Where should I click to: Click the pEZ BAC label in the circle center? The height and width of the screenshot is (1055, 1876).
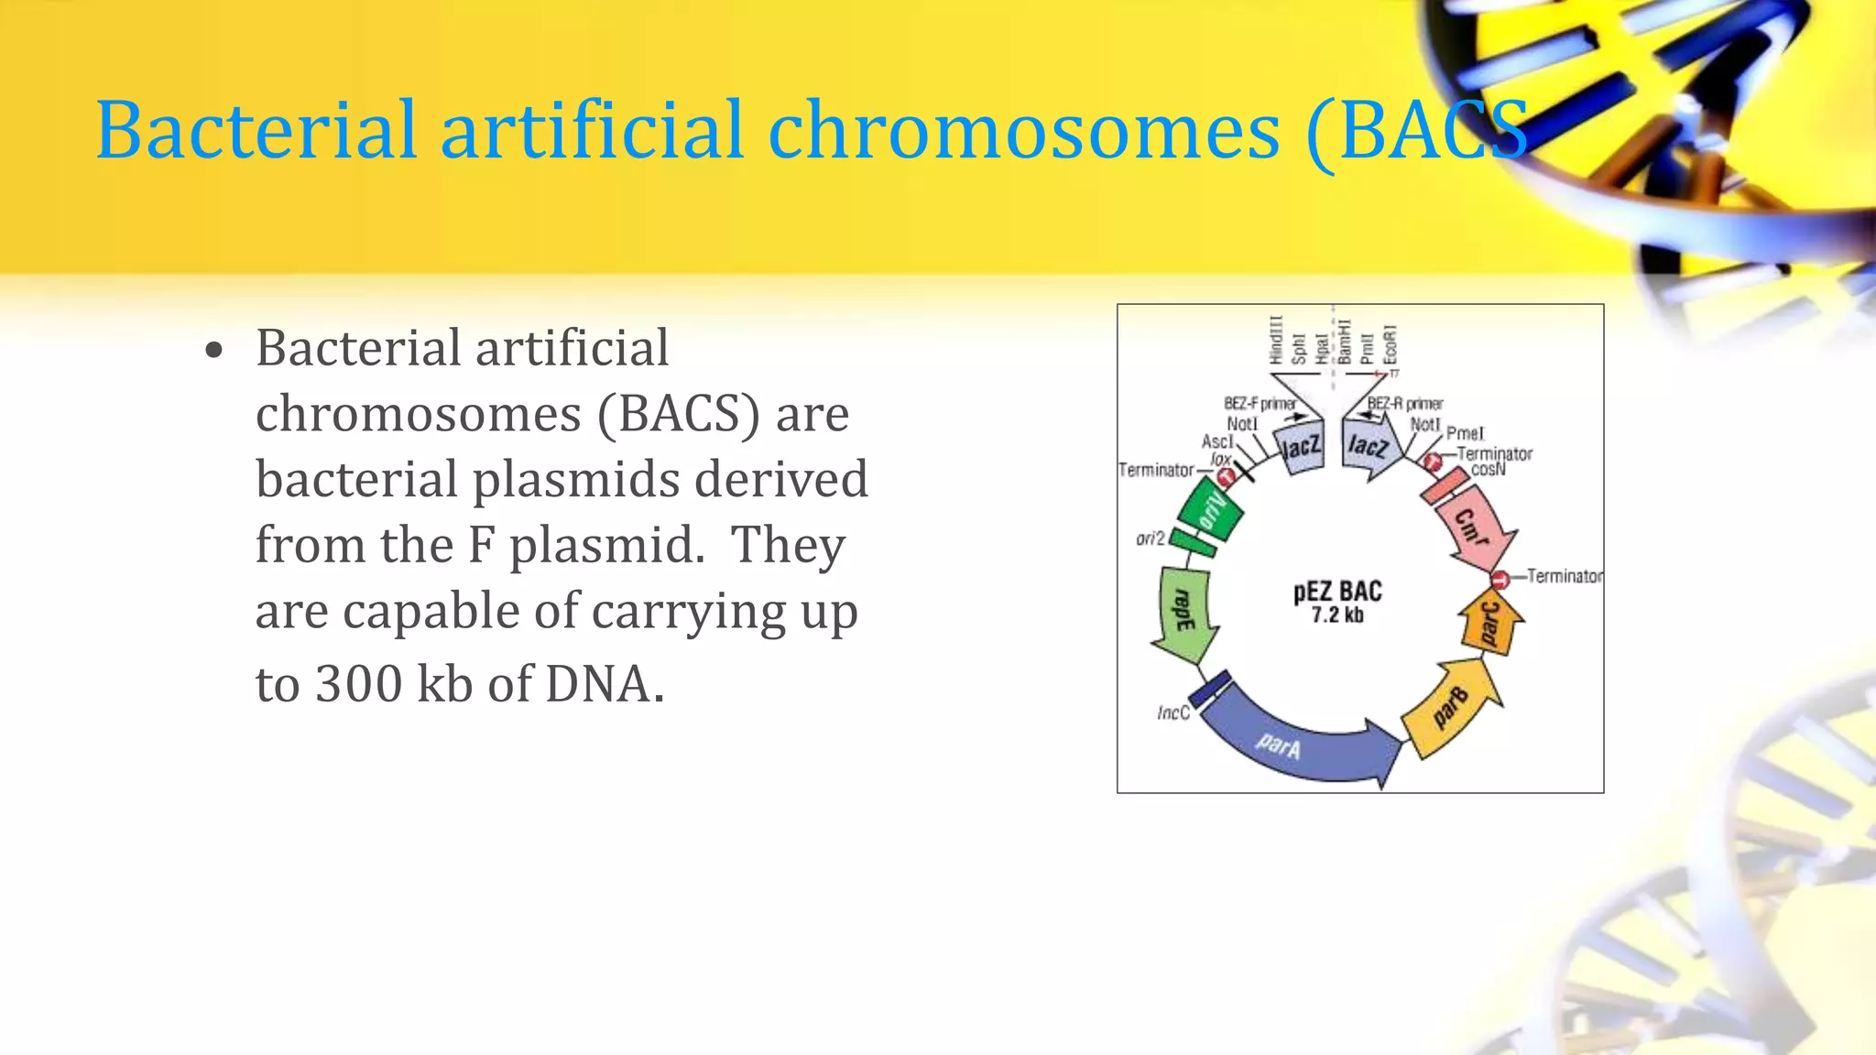pyautogui.click(x=1337, y=592)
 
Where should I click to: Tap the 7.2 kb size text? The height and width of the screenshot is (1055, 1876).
pyautogui.click(x=1337, y=615)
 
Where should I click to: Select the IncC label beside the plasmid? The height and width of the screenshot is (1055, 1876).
pyautogui.click(x=1172, y=712)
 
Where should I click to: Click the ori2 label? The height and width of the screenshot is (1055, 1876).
pyautogui.click(x=1151, y=538)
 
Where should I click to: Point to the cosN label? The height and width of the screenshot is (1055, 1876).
pyautogui.click(x=1488, y=470)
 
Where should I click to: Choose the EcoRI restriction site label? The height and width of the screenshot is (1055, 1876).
pyautogui.click(x=1391, y=343)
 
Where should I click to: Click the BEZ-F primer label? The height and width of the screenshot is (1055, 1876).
pyautogui.click(x=1260, y=404)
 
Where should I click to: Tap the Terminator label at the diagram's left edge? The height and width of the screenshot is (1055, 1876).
pyautogui.click(x=1156, y=470)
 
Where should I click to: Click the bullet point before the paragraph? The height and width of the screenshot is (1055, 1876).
pyautogui.click(x=214, y=352)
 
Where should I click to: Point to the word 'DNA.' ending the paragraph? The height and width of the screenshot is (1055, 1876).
pyautogui.click(x=605, y=684)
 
